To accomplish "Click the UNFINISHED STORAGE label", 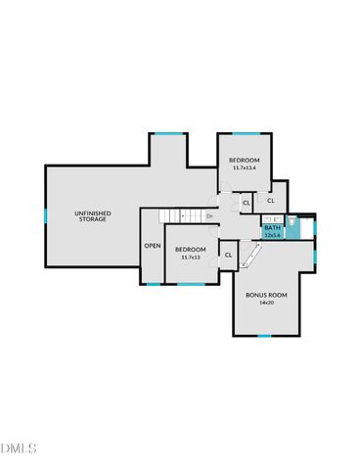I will coord(93,215).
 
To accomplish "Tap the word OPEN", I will coord(153,246).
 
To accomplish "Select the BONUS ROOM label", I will coord(264,295).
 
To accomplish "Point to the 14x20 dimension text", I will coord(264,304).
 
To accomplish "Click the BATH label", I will coord(272,228).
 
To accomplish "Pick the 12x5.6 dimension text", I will coord(272,235).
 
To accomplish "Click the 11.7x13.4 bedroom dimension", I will coord(245,168).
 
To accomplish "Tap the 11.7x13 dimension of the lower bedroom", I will coord(190,257).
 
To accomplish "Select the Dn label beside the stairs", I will coord(209,215).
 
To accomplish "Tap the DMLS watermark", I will coord(19,448).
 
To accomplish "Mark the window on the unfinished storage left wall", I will coord(45,215).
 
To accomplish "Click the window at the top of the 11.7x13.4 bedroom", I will coord(245,133).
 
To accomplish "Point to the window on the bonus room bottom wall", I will coord(264,336).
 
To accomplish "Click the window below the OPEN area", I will coord(152,284).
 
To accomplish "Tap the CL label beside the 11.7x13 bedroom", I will coord(228,255).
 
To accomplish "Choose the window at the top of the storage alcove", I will coord(167,133).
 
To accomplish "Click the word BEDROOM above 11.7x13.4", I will coord(245,160).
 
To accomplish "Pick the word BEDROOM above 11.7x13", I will coord(190,249).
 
